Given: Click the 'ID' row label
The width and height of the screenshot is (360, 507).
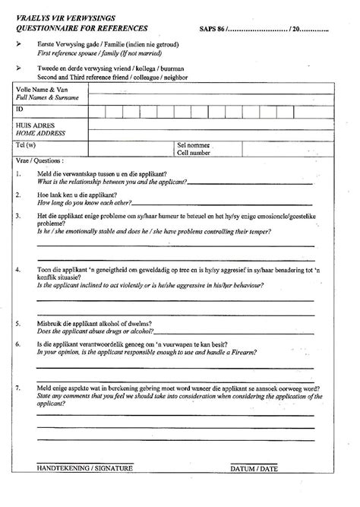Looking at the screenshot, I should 19,110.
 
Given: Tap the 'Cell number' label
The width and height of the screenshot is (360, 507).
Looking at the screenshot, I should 194,152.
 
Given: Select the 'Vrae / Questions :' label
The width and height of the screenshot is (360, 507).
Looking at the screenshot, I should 39,161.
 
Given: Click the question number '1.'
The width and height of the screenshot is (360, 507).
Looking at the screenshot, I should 17,175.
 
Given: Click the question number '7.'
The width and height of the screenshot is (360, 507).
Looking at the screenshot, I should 17,388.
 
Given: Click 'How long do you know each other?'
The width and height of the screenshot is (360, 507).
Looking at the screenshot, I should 84,203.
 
